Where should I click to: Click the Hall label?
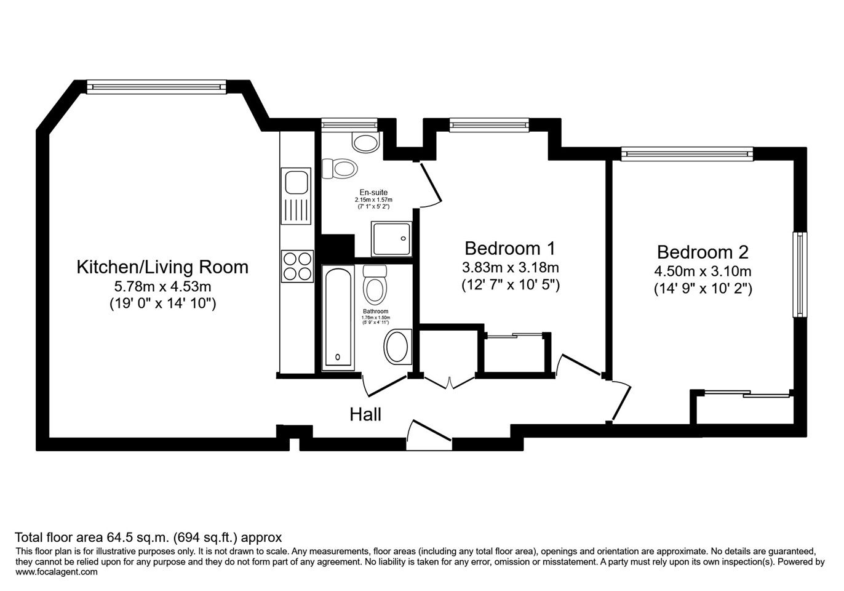(365, 414)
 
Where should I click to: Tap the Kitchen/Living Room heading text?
(162, 267)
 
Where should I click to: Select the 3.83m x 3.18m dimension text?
(510, 268)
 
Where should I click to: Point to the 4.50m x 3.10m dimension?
(703, 271)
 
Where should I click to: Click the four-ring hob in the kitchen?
(297, 267)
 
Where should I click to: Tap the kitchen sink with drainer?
(296, 196)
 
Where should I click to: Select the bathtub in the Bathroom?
(338, 318)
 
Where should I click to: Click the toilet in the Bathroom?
(375, 285)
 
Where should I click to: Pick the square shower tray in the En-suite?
(391, 239)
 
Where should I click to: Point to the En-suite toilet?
(340, 168)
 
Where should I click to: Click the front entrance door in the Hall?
(429, 435)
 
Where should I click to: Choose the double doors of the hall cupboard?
(449, 381)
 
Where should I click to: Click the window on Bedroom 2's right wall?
(800, 275)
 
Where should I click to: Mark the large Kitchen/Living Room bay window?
(156, 87)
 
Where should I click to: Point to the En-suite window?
(349, 125)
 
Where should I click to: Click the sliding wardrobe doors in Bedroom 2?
(747, 394)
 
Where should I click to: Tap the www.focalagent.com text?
(57, 572)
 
